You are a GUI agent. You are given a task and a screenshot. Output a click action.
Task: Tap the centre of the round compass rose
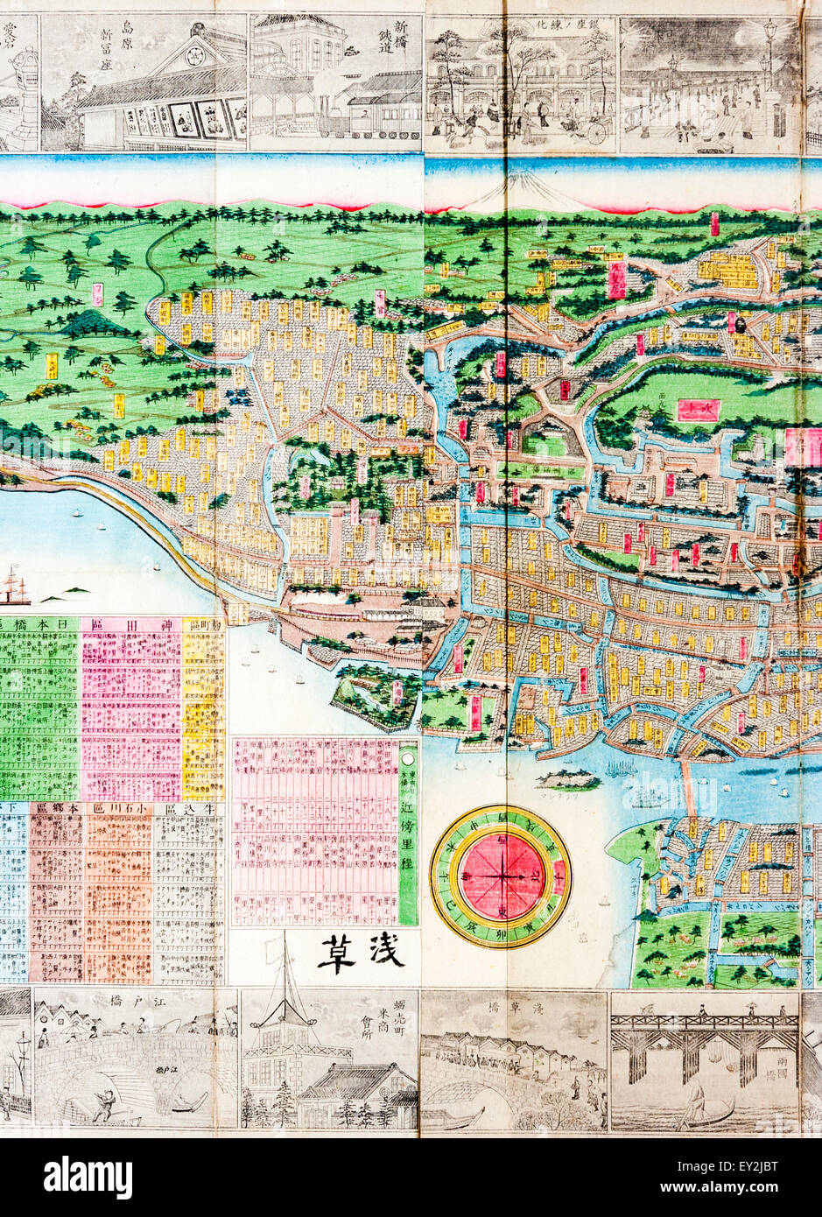[x=501, y=875]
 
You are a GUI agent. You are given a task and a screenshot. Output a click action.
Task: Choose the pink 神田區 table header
[x=130, y=623]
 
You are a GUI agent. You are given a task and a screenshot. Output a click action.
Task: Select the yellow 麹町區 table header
[x=203, y=623]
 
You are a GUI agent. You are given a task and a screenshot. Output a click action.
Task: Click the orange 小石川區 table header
[x=118, y=808]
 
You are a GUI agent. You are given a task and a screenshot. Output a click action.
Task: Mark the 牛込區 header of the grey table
[x=187, y=808]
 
